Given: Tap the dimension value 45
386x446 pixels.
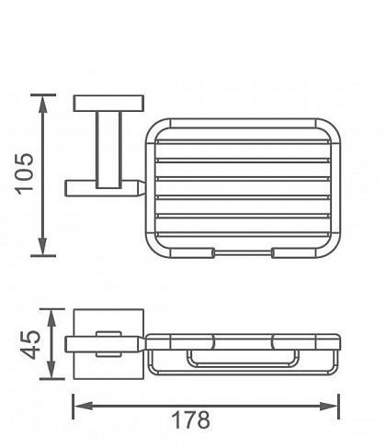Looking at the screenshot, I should (31, 345).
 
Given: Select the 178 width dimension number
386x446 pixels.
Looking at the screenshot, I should (191, 420).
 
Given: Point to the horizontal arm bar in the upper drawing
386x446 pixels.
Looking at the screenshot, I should (101, 187).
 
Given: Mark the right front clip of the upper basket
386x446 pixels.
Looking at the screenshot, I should (290, 251).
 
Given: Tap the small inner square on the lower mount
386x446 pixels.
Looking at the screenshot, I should (108, 343).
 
